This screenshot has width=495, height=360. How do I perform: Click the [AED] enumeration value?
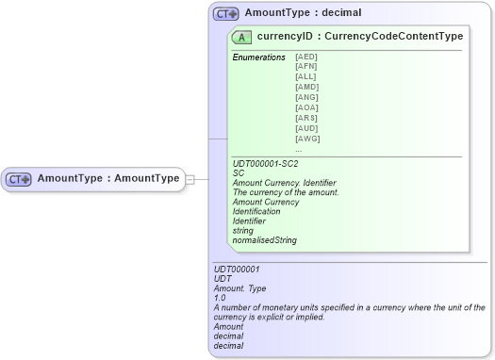tap(306, 57)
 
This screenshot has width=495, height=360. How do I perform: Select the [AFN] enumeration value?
tap(306, 67)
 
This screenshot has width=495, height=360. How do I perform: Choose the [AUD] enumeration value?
tap(307, 128)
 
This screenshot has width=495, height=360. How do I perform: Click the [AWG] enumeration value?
tap(307, 139)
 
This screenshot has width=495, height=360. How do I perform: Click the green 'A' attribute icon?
tap(241, 37)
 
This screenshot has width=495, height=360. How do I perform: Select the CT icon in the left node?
tap(19, 178)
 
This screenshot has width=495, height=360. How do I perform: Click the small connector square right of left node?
tap(190, 178)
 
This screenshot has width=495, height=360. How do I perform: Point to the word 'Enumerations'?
tap(258, 57)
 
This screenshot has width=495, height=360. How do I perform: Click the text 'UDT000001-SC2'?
tap(264, 163)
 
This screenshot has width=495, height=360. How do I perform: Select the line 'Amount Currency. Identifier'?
tap(284, 183)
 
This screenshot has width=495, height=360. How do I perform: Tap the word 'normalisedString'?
tap(265, 240)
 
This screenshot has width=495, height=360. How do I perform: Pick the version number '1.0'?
tap(220, 298)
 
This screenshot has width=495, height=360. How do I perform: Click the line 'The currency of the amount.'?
tap(285, 192)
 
